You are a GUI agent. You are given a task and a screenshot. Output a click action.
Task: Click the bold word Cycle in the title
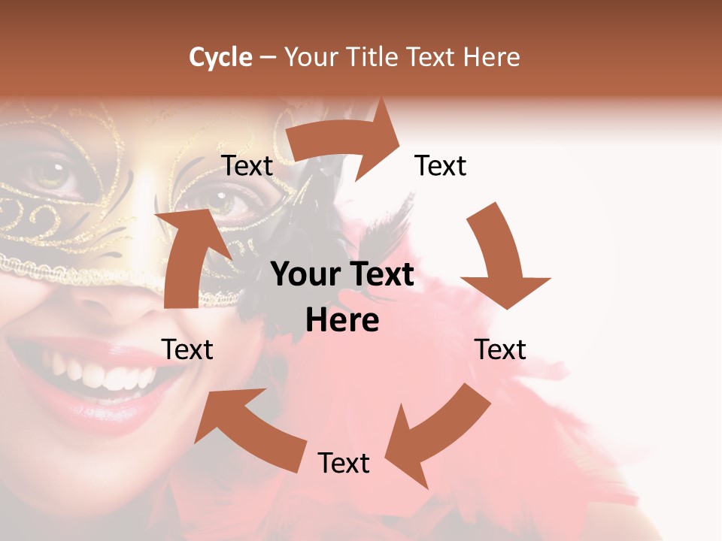(x=220, y=57)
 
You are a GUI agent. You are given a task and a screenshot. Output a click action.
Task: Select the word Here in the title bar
(x=491, y=57)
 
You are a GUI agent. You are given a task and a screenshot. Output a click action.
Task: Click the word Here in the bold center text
(x=342, y=321)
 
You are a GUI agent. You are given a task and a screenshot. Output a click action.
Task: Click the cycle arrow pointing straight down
(x=502, y=259)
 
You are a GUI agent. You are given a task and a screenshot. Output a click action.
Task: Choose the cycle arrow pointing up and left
(x=248, y=428)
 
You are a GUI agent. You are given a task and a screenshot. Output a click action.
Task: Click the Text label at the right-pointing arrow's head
(x=441, y=166)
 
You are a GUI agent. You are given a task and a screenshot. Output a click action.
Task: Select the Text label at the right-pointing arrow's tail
(x=247, y=166)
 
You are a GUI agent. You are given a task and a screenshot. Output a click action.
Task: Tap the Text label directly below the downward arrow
(x=500, y=349)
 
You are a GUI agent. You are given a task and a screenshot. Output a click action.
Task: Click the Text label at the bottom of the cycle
(x=344, y=463)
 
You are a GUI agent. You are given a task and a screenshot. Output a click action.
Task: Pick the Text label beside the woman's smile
(x=187, y=349)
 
